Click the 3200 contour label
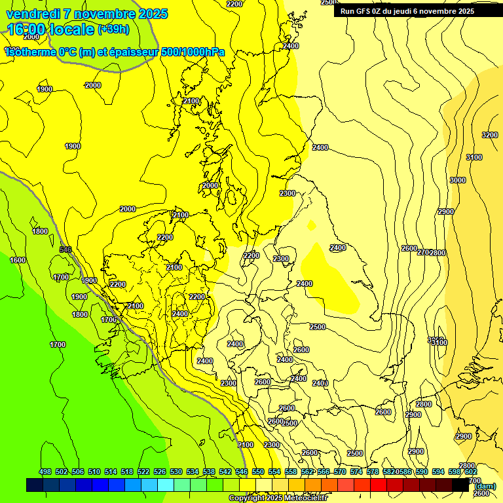tap(489, 135)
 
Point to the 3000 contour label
tap(458, 180)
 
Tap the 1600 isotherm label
tap(18, 260)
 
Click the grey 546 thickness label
tap(65, 250)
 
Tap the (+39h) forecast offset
tap(113, 29)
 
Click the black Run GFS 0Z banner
tap(407, 11)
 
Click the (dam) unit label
tap(484, 487)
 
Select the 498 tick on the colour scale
tap(45, 472)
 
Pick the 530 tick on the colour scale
tap(176, 472)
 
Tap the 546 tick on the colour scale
tap(241, 472)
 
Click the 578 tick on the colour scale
tap(373, 472)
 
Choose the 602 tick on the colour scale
tap(470, 472)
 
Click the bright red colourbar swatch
tap(379, 485)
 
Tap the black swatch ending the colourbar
tap(460, 485)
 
